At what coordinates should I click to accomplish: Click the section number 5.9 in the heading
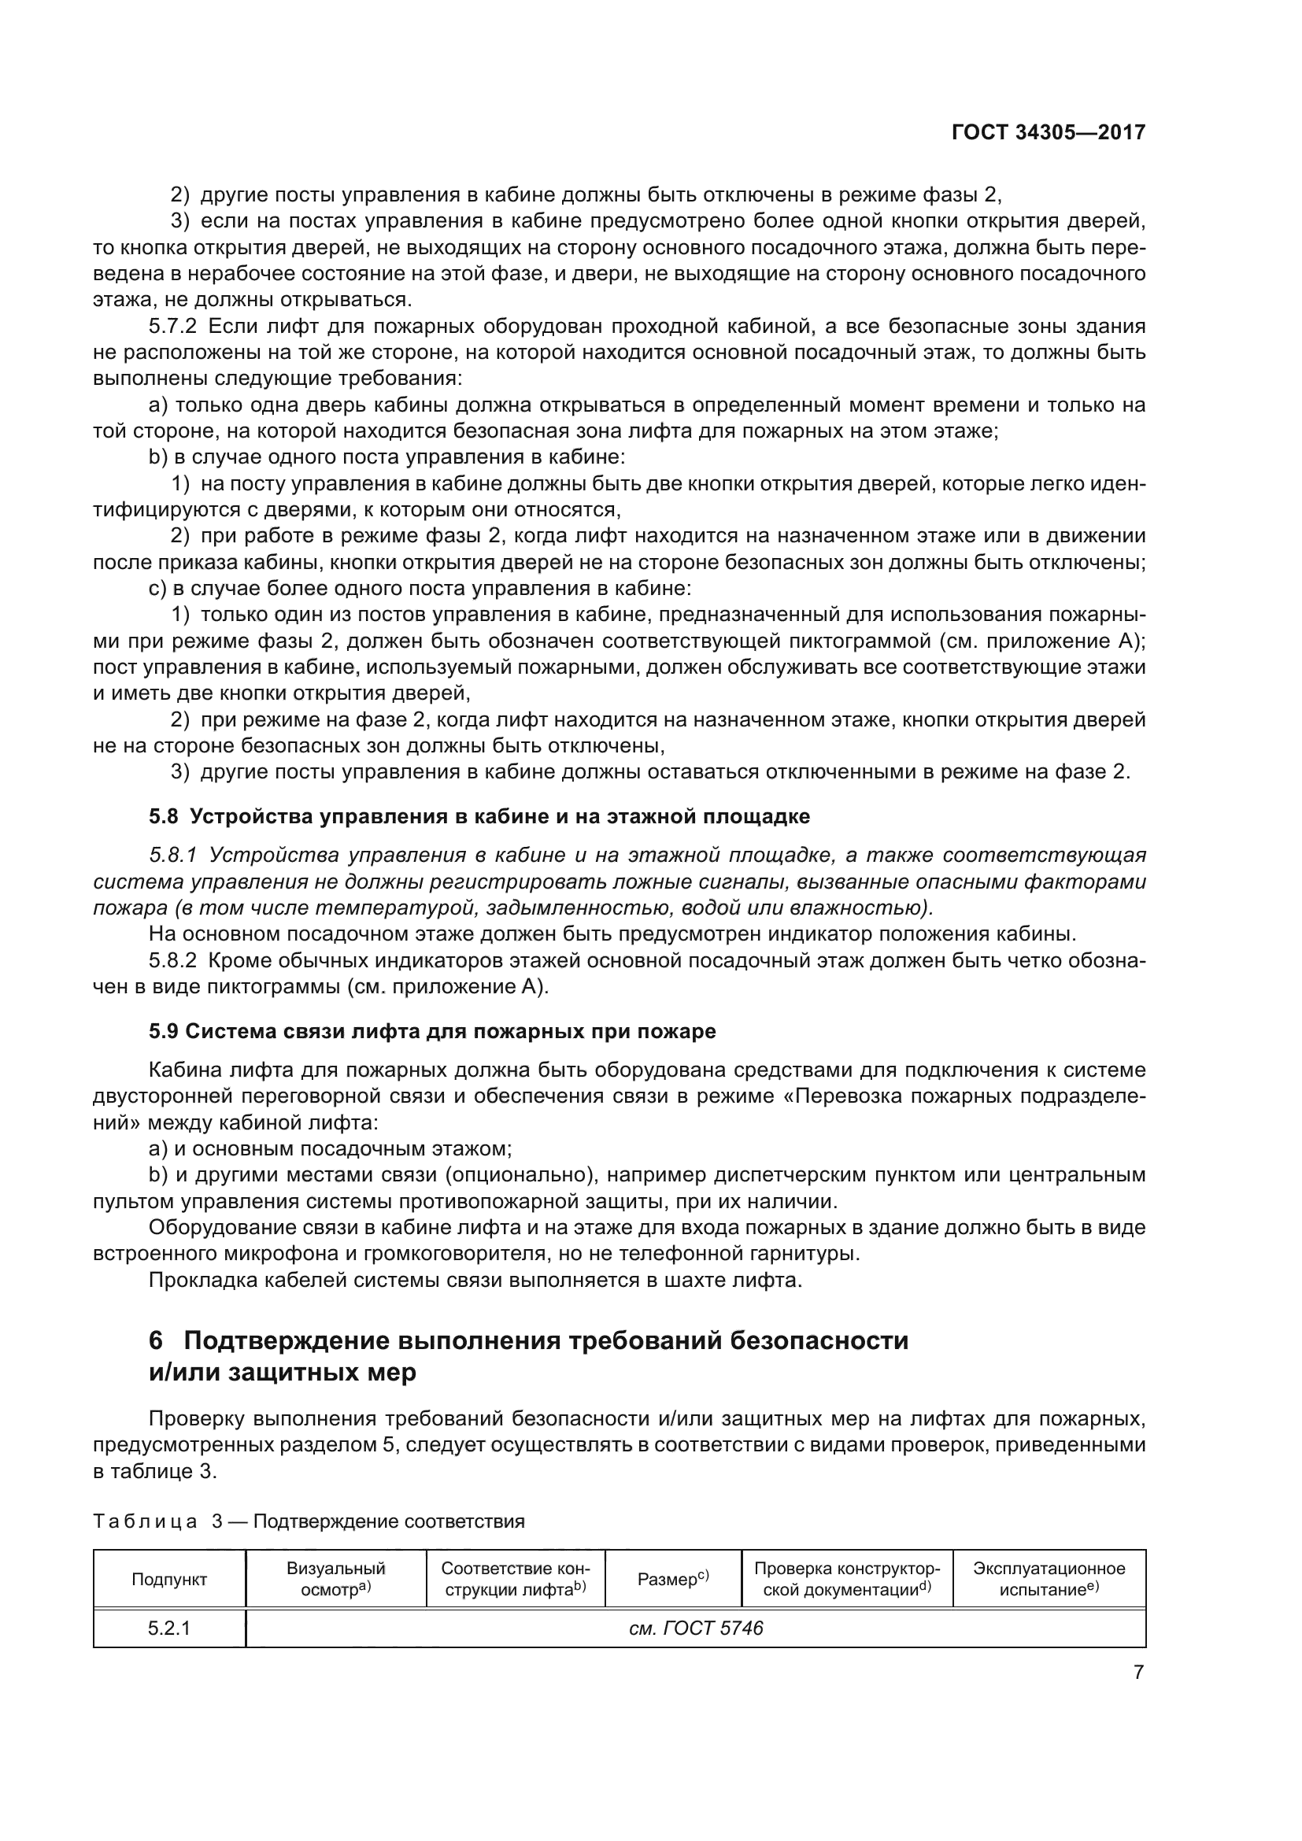point(164,1031)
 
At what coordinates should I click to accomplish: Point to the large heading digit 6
point(157,1341)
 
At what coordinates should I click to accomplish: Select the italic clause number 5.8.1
point(174,856)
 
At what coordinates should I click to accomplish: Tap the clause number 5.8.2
point(172,960)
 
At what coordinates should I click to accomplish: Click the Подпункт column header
point(169,1580)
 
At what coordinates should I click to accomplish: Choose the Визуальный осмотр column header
point(336,1579)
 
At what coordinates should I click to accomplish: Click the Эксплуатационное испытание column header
point(1049,1579)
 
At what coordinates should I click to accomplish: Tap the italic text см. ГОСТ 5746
point(695,1628)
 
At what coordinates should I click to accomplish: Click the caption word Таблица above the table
point(145,1522)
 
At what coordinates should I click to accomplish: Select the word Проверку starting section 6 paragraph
point(196,1419)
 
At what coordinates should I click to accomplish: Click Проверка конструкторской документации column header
point(847,1579)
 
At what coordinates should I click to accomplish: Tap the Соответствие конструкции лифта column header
point(515,1579)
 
